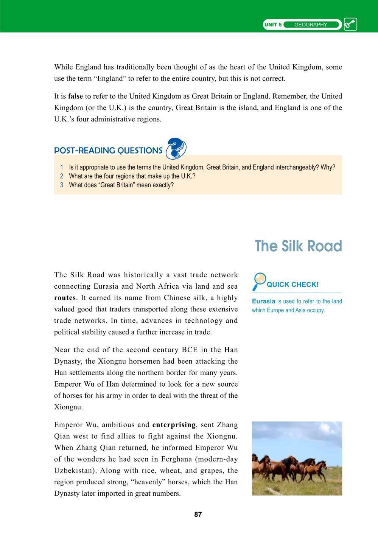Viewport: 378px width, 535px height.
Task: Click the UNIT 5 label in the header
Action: [x=273, y=25]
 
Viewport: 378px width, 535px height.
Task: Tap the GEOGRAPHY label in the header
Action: [x=310, y=25]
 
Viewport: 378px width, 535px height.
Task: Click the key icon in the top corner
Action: [x=350, y=25]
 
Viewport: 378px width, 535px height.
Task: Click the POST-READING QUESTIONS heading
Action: [x=108, y=151]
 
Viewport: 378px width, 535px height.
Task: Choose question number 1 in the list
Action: [x=62, y=167]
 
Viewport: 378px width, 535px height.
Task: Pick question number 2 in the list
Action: [x=62, y=176]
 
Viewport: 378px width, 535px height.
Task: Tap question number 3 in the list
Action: [x=62, y=185]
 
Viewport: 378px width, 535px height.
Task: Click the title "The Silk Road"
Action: [x=298, y=246]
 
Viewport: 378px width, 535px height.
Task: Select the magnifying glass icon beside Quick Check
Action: [x=259, y=281]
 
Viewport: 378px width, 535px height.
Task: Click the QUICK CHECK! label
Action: [x=292, y=285]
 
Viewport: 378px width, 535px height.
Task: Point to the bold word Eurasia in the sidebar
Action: [x=263, y=302]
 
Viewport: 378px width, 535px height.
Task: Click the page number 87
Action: [x=198, y=515]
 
